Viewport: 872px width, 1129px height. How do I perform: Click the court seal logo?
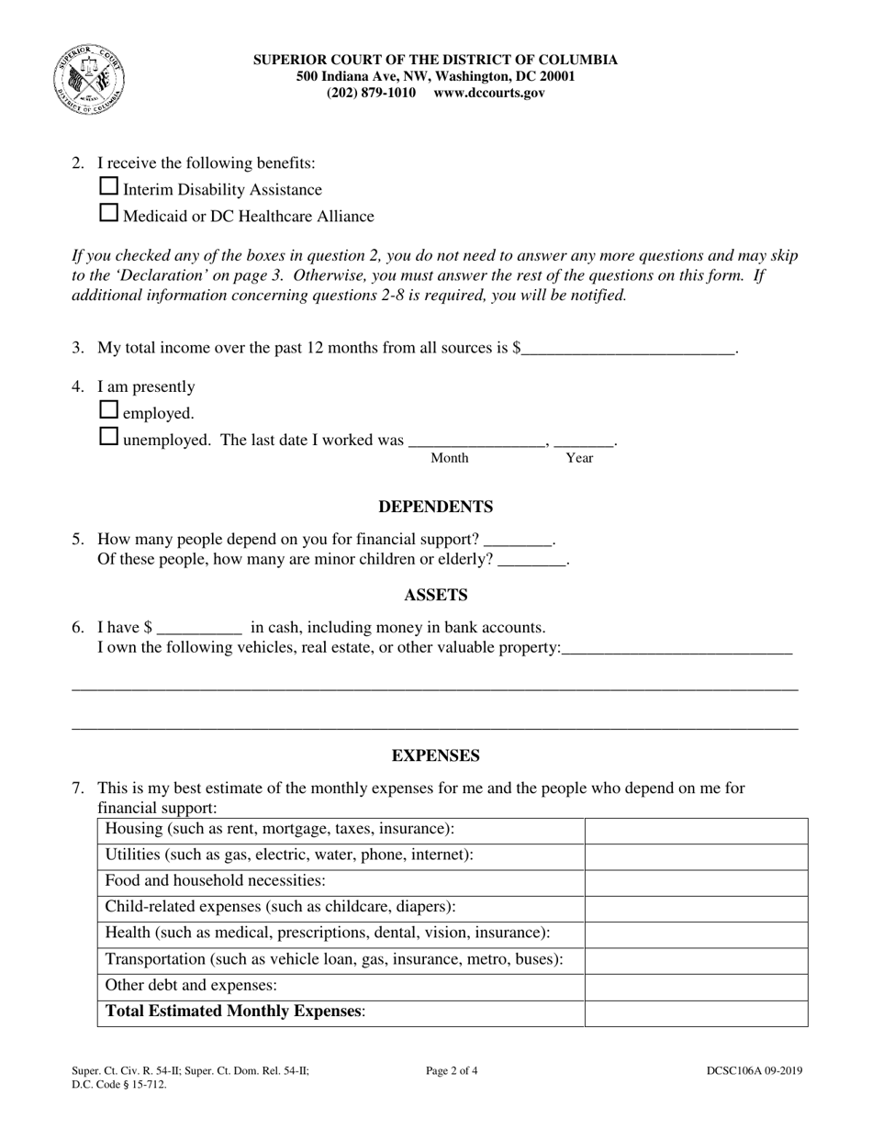tap(89, 80)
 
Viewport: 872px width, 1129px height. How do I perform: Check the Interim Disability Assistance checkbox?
tap(108, 187)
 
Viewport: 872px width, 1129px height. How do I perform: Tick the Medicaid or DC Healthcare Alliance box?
tap(108, 214)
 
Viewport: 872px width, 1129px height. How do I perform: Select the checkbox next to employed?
tap(108, 410)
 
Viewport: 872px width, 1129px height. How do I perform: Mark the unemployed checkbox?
tap(108, 437)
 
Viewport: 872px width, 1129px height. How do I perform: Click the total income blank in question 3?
tap(628, 347)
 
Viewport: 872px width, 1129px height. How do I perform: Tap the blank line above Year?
tap(584, 440)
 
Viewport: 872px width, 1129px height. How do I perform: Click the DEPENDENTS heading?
tap(435, 507)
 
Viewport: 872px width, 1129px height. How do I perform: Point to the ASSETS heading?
tap(435, 595)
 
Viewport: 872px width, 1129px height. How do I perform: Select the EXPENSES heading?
tap(435, 755)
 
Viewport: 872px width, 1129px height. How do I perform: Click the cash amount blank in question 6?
tap(199, 628)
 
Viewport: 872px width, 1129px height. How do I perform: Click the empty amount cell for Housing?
tap(696, 830)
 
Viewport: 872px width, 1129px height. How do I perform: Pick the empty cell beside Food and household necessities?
tap(696, 881)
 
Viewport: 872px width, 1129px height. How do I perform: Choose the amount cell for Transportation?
tap(696, 959)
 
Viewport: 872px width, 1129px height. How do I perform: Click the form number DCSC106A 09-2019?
tap(754, 1070)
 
